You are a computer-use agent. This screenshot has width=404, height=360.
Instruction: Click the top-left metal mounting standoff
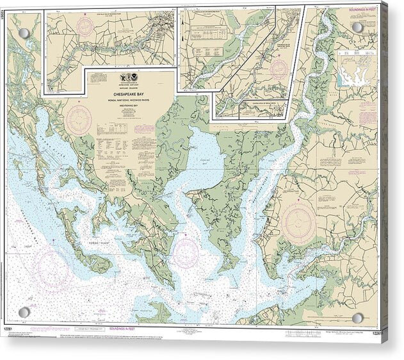(24, 33)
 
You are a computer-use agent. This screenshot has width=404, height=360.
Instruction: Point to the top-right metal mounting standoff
(357, 28)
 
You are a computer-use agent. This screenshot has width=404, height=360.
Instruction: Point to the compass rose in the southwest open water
(54, 266)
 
